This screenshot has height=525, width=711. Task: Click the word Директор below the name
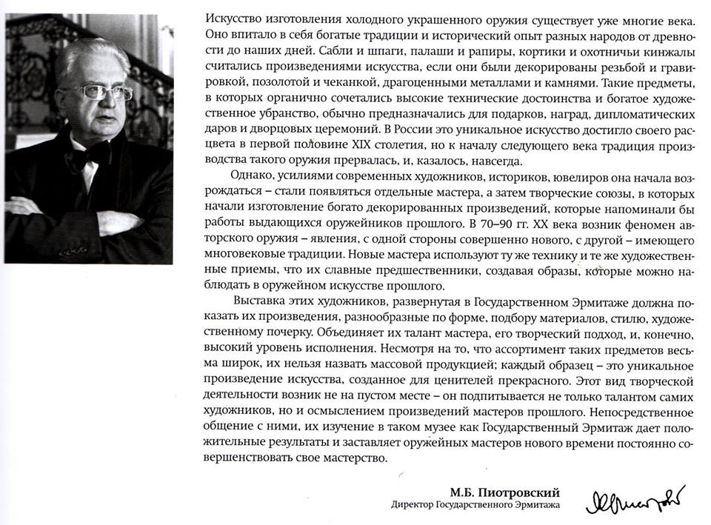pos(419,506)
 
